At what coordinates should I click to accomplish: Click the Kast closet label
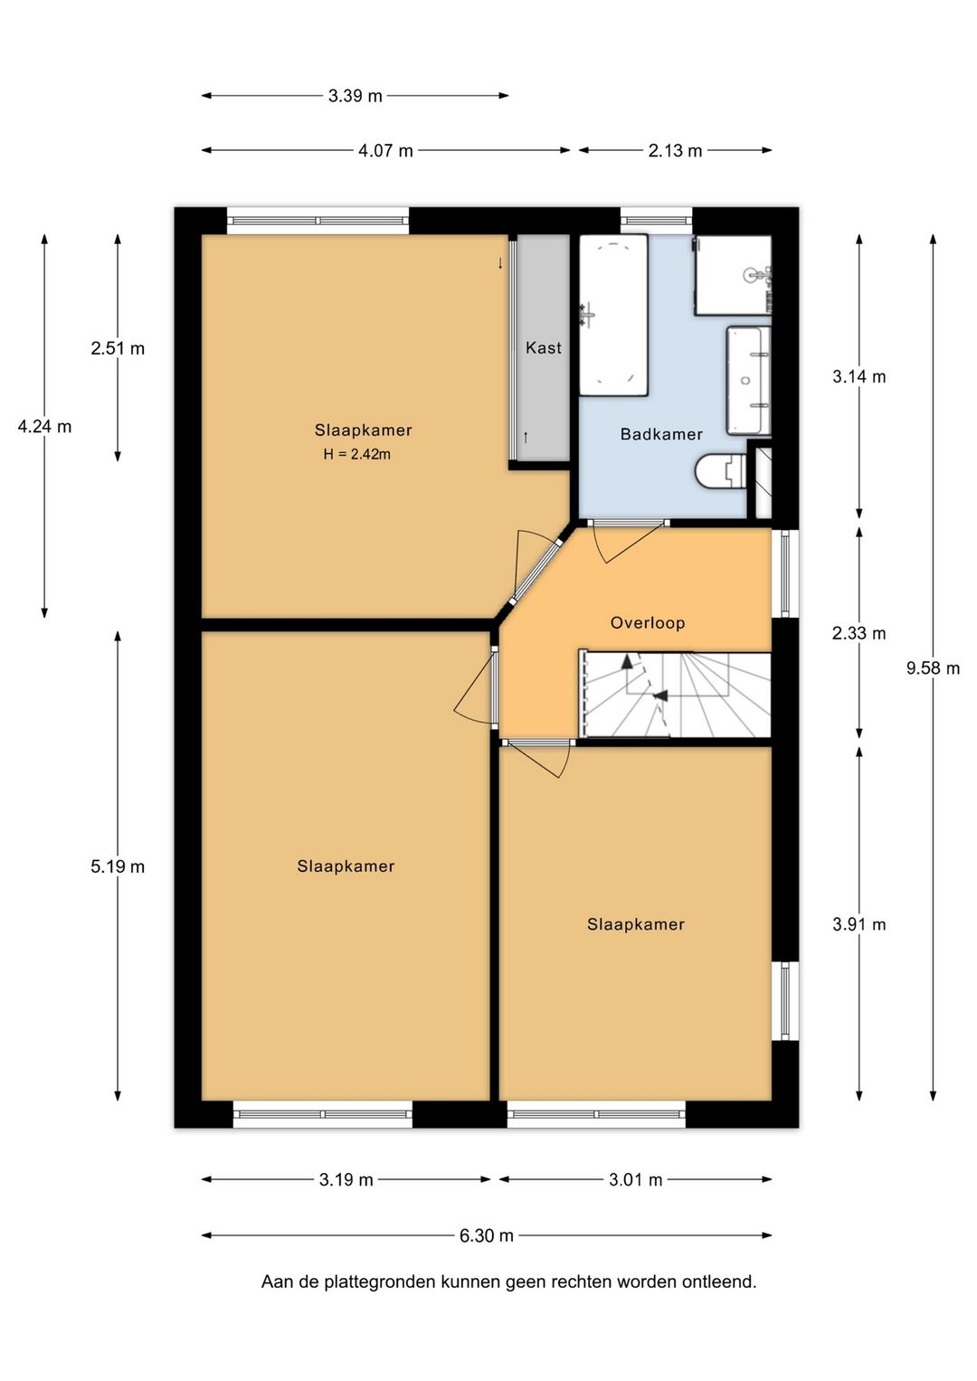pos(544,347)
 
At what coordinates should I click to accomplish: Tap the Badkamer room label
pos(661,434)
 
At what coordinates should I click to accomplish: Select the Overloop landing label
pos(648,623)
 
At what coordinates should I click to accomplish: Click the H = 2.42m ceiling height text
pos(357,454)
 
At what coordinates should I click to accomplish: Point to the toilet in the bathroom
pos(720,472)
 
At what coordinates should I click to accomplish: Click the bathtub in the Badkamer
pos(613,315)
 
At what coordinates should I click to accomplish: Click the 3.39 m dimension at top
pos(356,96)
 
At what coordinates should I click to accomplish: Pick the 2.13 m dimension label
pos(675,150)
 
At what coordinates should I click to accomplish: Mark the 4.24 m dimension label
pos(44,426)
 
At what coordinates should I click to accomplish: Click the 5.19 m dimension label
pos(118,866)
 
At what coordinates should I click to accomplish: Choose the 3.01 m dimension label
pos(635,1058)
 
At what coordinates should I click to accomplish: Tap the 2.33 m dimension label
pos(858,633)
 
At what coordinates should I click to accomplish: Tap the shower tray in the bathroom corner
pos(734,275)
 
